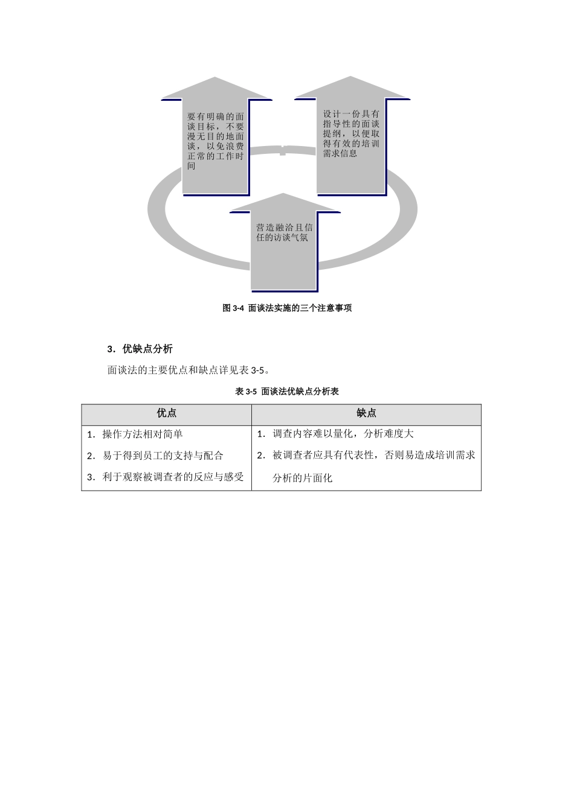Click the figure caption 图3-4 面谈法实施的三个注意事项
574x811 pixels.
pos(287,308)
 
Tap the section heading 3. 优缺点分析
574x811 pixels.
pos(140,349)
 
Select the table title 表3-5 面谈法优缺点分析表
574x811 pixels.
pos(287,392)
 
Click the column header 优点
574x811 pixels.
pos(167,413)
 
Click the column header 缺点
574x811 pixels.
pos(366,413)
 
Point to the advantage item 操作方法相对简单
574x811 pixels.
pos(143,434)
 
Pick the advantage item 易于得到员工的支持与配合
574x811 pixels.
pos(163,456)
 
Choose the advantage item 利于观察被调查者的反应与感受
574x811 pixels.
pos(173,477)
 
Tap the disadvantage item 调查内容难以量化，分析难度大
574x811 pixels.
pos(343,434)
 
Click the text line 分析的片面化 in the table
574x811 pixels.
pos(302,479)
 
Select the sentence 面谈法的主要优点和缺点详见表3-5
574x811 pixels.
pos(188,370)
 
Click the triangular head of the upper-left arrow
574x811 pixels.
pos(216,89)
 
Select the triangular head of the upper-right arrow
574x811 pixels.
pos(351,88)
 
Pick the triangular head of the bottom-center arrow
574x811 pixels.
pos(284,203)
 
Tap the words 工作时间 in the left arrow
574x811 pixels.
pos(229,156)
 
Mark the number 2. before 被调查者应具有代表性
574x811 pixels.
pos(261,456)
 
